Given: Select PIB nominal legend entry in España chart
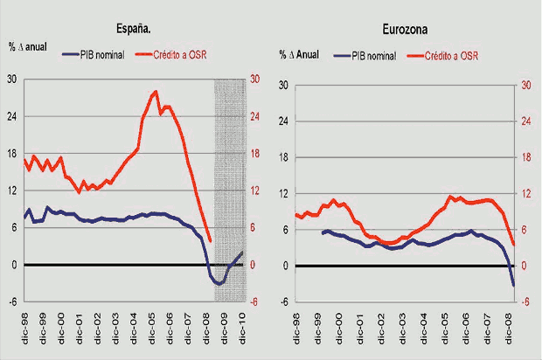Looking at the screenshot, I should tap(94, 54).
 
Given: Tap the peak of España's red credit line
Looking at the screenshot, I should tap(155, 91).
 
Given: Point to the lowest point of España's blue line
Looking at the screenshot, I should tap(219, 284).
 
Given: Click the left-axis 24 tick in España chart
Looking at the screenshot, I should tap(12, 116).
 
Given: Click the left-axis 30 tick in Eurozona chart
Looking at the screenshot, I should tap(282, 85).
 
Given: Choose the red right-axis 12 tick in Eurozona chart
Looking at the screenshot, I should tap(525, 194).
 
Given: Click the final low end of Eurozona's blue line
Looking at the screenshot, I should tap(513, 286).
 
